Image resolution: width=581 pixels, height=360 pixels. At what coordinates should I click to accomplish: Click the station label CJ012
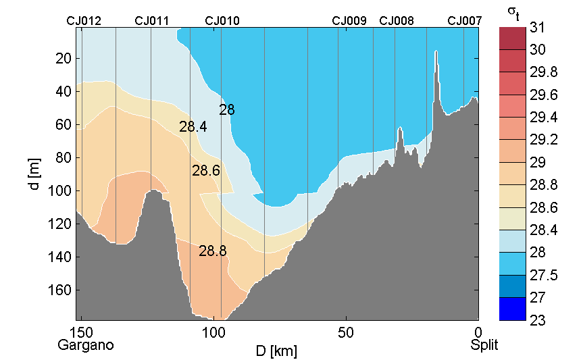click(84, 20)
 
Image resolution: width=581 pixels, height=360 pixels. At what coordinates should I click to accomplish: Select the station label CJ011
click(152, 20)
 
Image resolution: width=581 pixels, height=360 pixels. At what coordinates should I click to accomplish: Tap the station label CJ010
click(222, 20)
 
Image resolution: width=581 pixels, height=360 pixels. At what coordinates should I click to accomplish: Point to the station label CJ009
click(349, 20)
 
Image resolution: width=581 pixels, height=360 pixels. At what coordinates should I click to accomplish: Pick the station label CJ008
click(397, 20)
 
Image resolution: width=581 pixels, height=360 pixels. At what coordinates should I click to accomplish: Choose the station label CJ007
click(465, 20)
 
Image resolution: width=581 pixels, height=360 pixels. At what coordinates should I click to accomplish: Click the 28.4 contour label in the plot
click(193, 126)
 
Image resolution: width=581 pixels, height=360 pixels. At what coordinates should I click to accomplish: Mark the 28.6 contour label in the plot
click(206, 171)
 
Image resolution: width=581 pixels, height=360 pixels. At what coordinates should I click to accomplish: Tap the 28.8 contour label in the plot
click(213, 251)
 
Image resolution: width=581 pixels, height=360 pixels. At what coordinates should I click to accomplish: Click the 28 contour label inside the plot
click(227, 109)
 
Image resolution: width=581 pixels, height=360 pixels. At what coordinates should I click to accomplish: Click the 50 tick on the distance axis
click(346, 332)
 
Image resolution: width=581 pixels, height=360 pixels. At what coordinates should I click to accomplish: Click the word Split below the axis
click(484, 345)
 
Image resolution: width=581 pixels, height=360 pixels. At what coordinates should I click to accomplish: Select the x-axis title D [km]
click(277, 351)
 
